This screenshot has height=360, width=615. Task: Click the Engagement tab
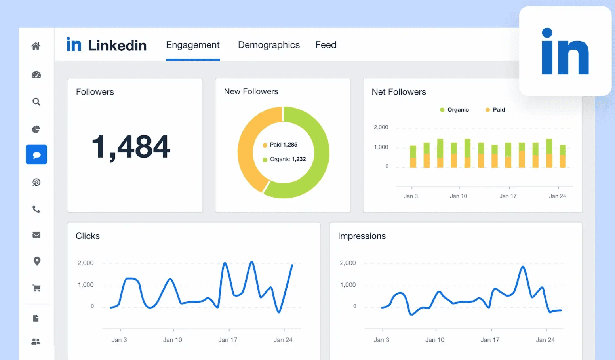[x=192, y=45]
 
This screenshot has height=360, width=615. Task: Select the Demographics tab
[x=268, y=45]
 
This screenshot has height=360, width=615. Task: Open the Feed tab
[x=326, y=45]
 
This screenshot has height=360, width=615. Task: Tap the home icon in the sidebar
[x=36, y=46]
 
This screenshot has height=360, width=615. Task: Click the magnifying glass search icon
[x=36, y=102]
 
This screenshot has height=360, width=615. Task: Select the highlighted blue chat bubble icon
[x=36, y=155]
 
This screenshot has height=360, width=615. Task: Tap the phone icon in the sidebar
[x=36, y=209]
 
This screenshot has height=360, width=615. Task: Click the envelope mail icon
[x=36, y=235]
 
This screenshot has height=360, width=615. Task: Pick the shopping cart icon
[x=36, y=288]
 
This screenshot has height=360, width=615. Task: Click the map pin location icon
[x=37, y=261]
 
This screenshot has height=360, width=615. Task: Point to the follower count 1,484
[x=131, y=147]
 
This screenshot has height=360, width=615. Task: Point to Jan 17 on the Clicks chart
[x=228, y=340]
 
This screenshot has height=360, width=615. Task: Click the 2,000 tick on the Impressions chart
[x=348, y=263]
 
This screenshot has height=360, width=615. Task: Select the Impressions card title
[x=362, y=236]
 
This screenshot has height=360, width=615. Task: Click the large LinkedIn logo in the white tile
[x=565, y=51]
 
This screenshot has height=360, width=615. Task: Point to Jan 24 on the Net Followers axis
[x=557, y=196]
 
